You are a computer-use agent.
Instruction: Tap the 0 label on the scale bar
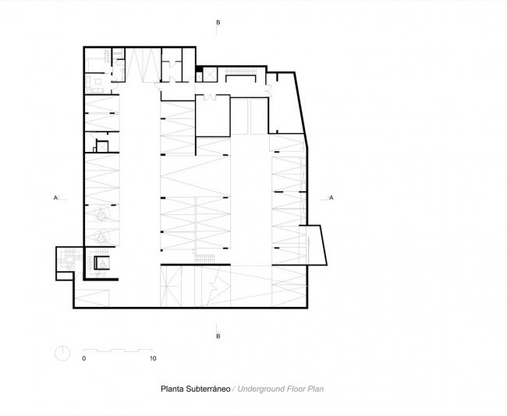83,359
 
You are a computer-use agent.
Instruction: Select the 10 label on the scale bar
153,359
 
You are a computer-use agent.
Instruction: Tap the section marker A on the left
55,198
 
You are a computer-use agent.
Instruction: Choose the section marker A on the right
333,198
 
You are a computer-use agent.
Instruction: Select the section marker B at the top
218,23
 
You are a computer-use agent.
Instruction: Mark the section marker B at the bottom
218,336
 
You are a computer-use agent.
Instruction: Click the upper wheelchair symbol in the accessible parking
102,212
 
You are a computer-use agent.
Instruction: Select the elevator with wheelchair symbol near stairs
101,264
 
